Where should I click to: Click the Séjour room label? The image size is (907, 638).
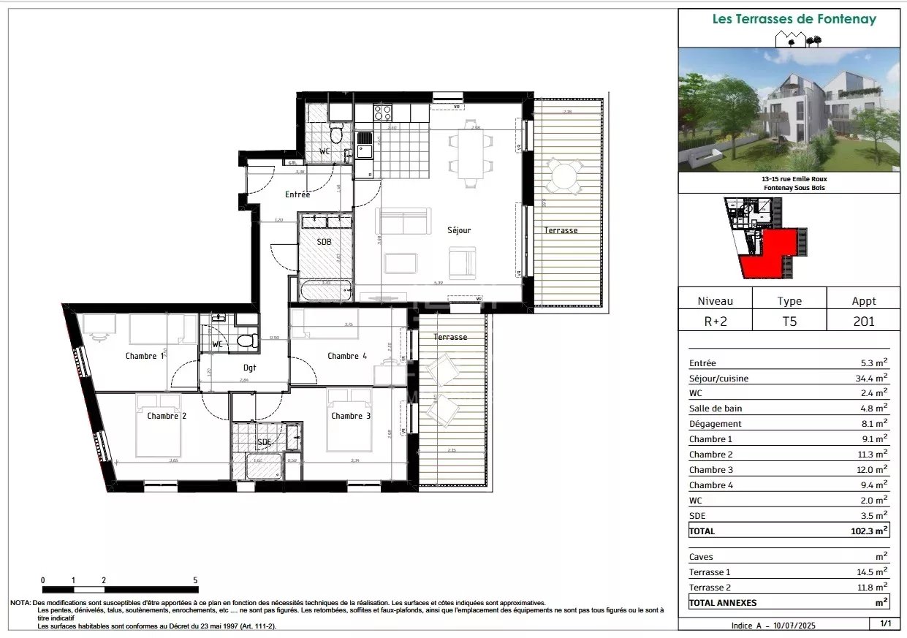pyautogui.click(x=459, y=230)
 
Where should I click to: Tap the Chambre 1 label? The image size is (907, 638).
pyautogui.click(x=141, y=356)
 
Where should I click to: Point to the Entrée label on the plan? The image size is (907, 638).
pyautogui.click(x=297, y=194)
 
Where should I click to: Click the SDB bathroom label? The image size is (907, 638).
pyautogui.click(x=324, y=242)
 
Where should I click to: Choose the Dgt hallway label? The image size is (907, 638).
pyautogui.click(x=250, y=368)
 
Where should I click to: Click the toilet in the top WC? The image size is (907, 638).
pyautogui.click(x=335, y=134)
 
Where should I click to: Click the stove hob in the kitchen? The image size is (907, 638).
pyautogui.click(x=383, y=113)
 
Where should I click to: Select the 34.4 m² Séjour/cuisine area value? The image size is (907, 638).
pyautogui.click(x=872, y=379)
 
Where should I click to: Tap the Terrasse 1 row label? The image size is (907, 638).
pyautogui.click(x=709, y=572)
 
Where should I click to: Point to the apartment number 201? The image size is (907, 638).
pyautogui.click(x=863, y=320)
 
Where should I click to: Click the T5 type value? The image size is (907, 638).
pyautogui.click(x=789, y=320)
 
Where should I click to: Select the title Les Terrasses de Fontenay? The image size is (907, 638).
pyautogui.click(x=794, y=20)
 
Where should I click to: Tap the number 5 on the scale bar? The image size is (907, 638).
pyautogui.click(x=195, y=580)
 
